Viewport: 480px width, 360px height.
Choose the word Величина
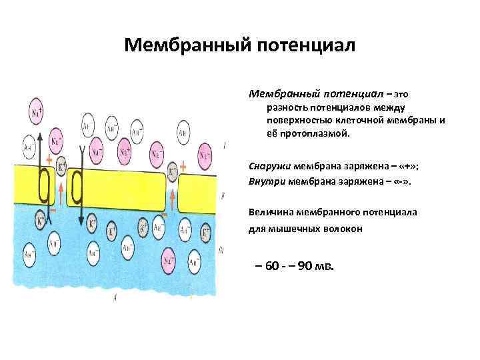pyautogui.click(x=273, y=213)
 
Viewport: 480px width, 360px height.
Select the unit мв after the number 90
pyautogui.click(x=330, y=267)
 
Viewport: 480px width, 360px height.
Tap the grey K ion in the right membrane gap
pyautogui.click(x=172, y=173)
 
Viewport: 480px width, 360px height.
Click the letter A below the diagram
pyautogui.click(x=115, y=299)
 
